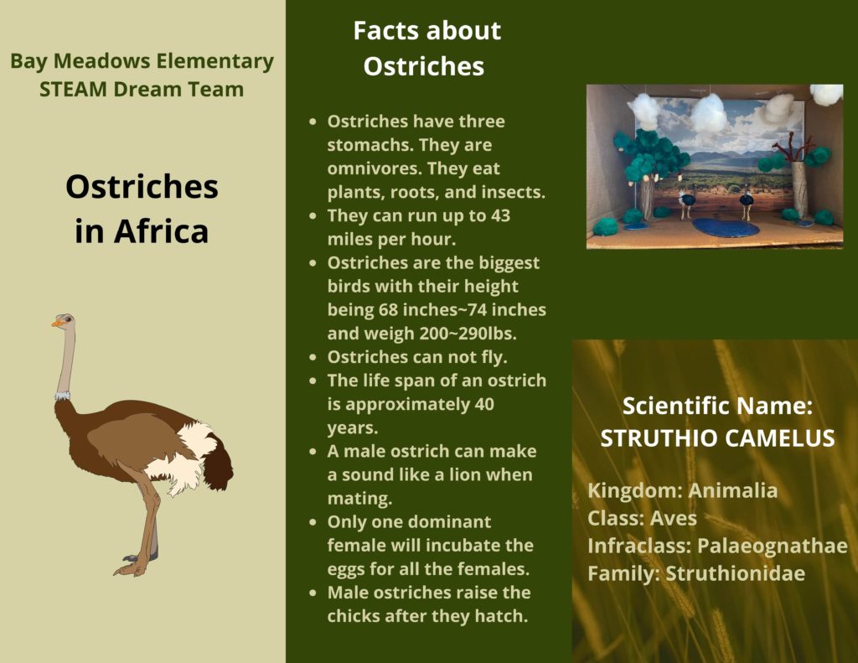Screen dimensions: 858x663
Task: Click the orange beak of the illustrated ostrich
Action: (x=57, y=323)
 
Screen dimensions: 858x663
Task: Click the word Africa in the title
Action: (x=162, y=231)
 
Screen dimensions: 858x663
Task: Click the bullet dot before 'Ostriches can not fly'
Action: (x=313, y=358)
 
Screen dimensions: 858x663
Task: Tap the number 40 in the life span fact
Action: (x=484, y=404)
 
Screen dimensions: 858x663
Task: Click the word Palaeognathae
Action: (x=772, y=546)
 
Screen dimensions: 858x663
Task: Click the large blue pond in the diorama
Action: (x=726, y=227)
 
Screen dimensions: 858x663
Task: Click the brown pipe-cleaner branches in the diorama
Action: (x=788, y=148)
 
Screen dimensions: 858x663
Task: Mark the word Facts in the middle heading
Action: (x=387, y=31)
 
